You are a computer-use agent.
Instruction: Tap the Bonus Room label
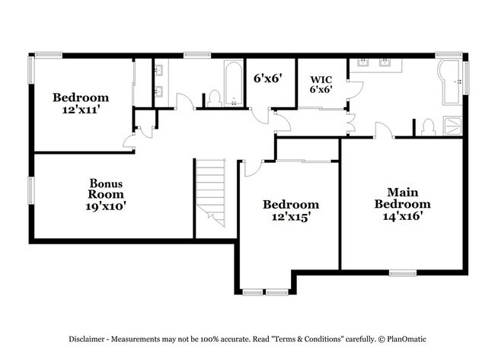click(x=107, y=189)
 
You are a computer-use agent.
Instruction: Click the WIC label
click(x=320, y=78)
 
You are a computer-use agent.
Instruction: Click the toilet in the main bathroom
click(x=428, y=126)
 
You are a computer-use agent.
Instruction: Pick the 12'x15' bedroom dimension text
click(x=290, y=216)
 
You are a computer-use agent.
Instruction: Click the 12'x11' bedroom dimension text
click(x=80, y=110)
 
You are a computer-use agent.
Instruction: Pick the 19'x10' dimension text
click(x=107, y=205)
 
